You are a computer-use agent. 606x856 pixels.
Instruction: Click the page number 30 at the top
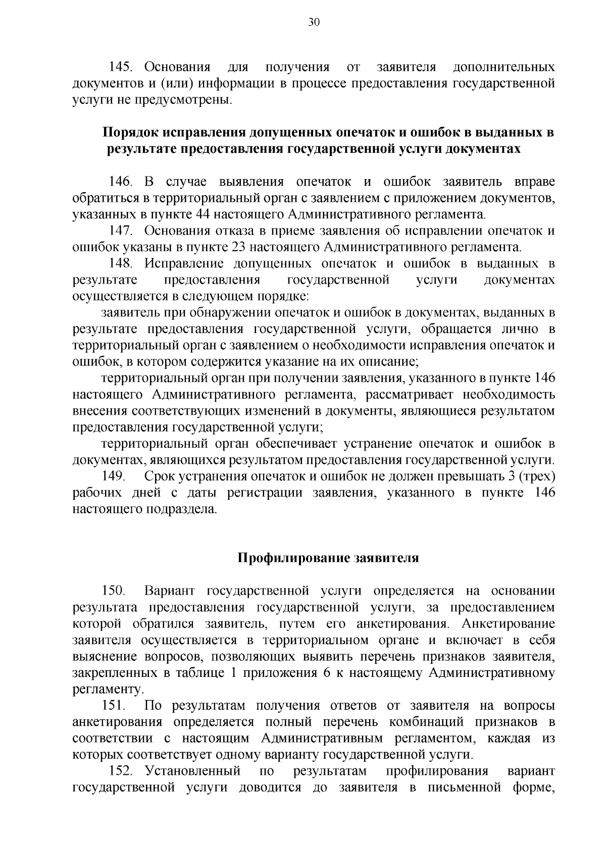pos(313,23)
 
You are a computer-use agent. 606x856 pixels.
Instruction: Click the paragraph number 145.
pos(121,67)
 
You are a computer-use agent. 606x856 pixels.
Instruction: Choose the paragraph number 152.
pos(121,771)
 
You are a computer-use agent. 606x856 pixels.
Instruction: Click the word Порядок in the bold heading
pos(131,133)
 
